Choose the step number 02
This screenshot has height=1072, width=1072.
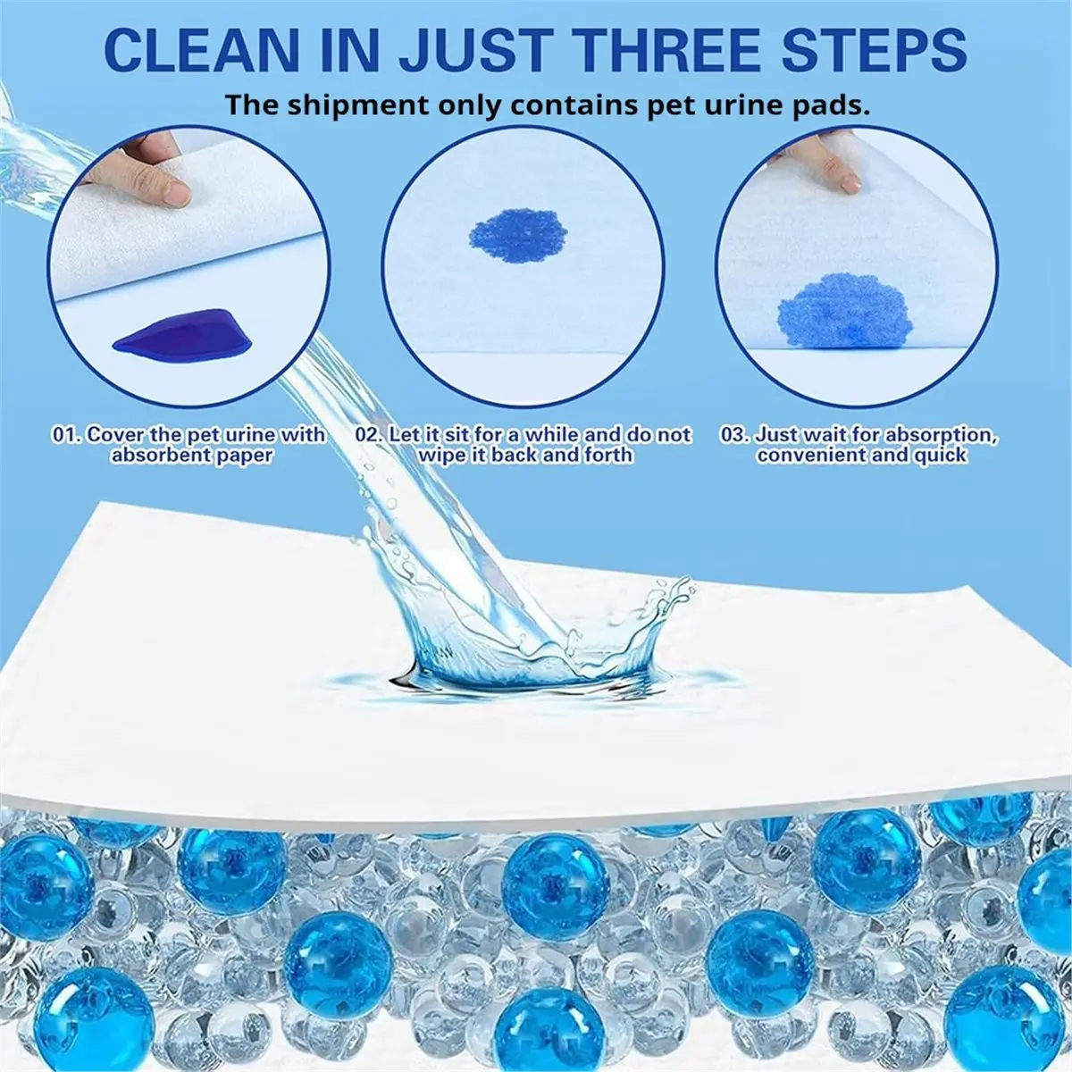coord(369,436)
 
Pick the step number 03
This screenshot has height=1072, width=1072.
coord(734,436)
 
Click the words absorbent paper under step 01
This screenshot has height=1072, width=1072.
coord(191,456)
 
